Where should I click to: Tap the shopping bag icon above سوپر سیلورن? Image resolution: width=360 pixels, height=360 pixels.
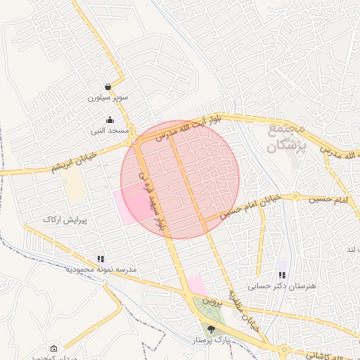pos(108,86)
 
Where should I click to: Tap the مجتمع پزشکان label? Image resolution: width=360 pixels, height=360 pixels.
pos(285,139)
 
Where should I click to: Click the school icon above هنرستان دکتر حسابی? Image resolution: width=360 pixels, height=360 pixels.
pos(282,275)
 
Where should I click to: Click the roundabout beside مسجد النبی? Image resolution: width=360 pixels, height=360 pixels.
pos(134,141)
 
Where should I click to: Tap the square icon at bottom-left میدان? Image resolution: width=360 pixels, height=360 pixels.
pos(54,348)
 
